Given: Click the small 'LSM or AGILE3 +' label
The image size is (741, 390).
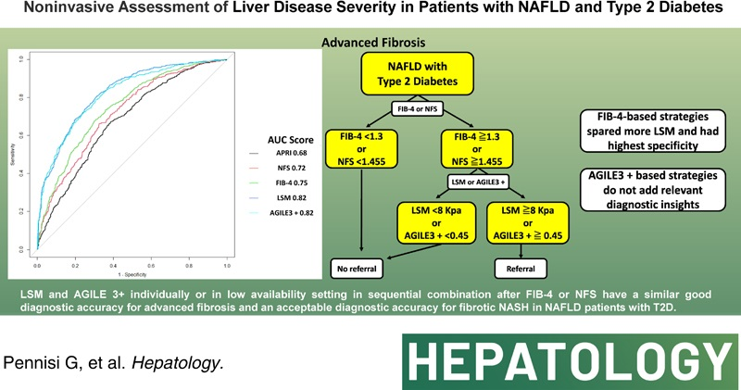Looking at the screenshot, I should click(472, 180).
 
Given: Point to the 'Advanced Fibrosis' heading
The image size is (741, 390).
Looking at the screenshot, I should click(370, 43).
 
